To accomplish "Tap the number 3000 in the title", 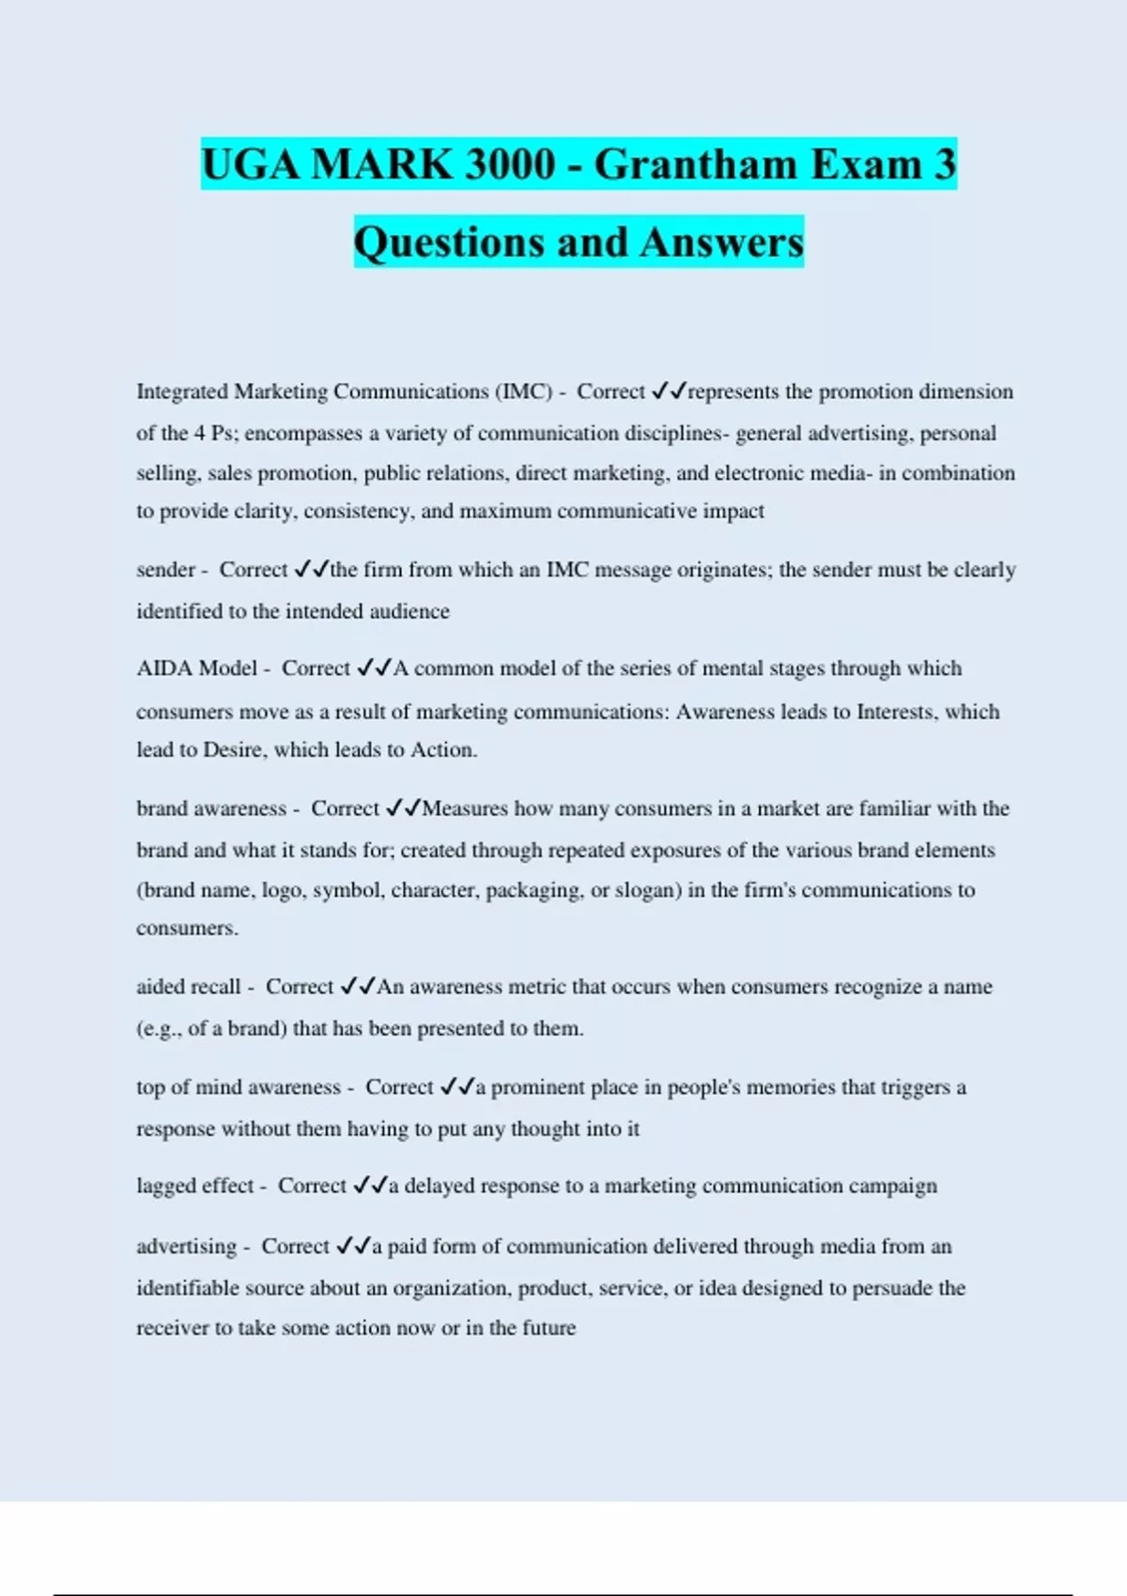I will [x=511, y=164].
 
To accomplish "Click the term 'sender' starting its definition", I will [x=165, y=570].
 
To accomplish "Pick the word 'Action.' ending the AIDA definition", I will [x=443, y=750].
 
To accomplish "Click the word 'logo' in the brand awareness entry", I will [x=281, y=890].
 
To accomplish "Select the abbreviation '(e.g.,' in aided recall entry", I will [x=160, y=1029].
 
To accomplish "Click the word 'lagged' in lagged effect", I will [x=166, y=1187].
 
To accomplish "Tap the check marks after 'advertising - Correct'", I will [x=353, y=1247].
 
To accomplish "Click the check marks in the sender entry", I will [x=311, y=570].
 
